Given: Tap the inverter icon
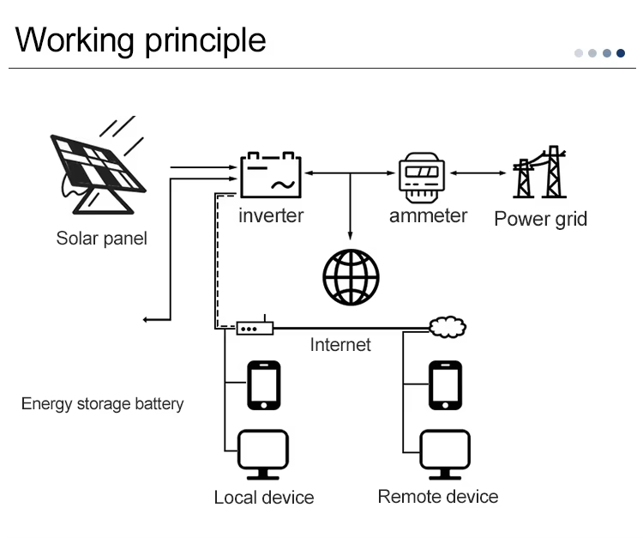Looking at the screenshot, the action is pyautogui.click(x=271, y=175).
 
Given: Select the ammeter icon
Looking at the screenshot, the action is pyautogui.click(x=422, y=178).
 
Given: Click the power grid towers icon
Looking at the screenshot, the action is pyautogui.click(x=539, y=172).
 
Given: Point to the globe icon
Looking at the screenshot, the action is pyautogui.click(x=351, y=277).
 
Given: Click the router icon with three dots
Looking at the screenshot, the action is pyautogui.click(x=255, y=328).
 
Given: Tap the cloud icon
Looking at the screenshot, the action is pyautogui.click(x=448, y=327).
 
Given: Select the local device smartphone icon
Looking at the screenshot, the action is pyautogui.click(x=264, y=385).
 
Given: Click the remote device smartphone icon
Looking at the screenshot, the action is pyautogui.click(x=445, y=385).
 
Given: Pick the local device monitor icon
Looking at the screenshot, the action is pyautogui.click(x=263, y=454).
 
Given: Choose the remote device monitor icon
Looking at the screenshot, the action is pyautogui.click(x=445, y=454).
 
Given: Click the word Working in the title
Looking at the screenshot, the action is pyautogui.click(x=75, y=40).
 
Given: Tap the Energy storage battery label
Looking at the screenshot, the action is pyautogui.click(x=103, y=404).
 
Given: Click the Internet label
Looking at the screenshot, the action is pyautogui.click(x=340, y=345).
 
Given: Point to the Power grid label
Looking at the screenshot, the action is pyautogui.click(x=540, y=219).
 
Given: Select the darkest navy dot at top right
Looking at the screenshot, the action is pyautogui.click(x=621, y=53).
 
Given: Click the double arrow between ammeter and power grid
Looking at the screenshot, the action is pyautogui.click(x=478, y=173).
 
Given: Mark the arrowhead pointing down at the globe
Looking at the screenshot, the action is pyautogui.click(x=350, y=236).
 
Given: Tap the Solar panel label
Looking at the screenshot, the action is pyautogui.click(x=102, y=239).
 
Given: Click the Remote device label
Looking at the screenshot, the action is pyautogui.click(x=438, y=497).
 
